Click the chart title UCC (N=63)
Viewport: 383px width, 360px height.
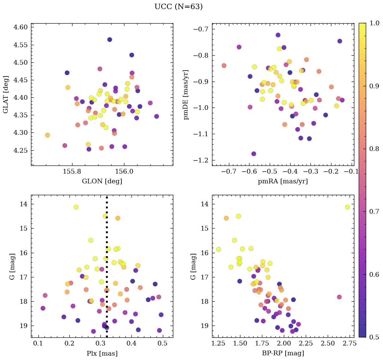click(x=178, y=7)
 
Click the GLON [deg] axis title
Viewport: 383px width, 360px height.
click(x=102, y=181)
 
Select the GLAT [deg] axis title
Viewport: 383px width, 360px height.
click(x=5, y=94)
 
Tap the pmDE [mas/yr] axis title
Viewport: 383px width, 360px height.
click(x=186, y=95)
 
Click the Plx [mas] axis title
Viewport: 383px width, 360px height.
click(x=102, y=353)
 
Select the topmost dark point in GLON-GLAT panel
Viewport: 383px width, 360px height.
click(x=110, y=39)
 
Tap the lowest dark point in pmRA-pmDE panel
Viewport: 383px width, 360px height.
click(x=254, y=154)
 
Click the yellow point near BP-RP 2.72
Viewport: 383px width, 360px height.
click(x=347, y=207)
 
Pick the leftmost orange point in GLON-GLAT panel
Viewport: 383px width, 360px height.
click(x=47, y=135)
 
